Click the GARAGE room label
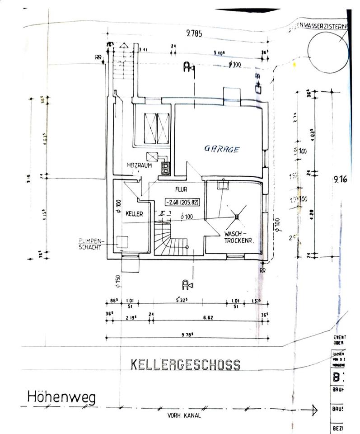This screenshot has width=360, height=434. [x=221, y=149]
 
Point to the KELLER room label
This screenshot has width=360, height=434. [x=135, y=214]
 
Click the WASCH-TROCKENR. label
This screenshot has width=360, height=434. [x=238, y=238]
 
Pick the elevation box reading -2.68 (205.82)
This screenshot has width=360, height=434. [x=182, y=203]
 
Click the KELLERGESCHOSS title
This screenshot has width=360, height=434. [x=185, y=365]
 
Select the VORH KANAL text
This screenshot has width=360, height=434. [x=184, y=415]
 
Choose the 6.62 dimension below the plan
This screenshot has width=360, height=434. [x=208, y=318]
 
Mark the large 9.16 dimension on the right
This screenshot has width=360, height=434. [x=340, y=179]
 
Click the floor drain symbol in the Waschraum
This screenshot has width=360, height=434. [x=236, y=217]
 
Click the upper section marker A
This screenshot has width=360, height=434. [x=187, y=67]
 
